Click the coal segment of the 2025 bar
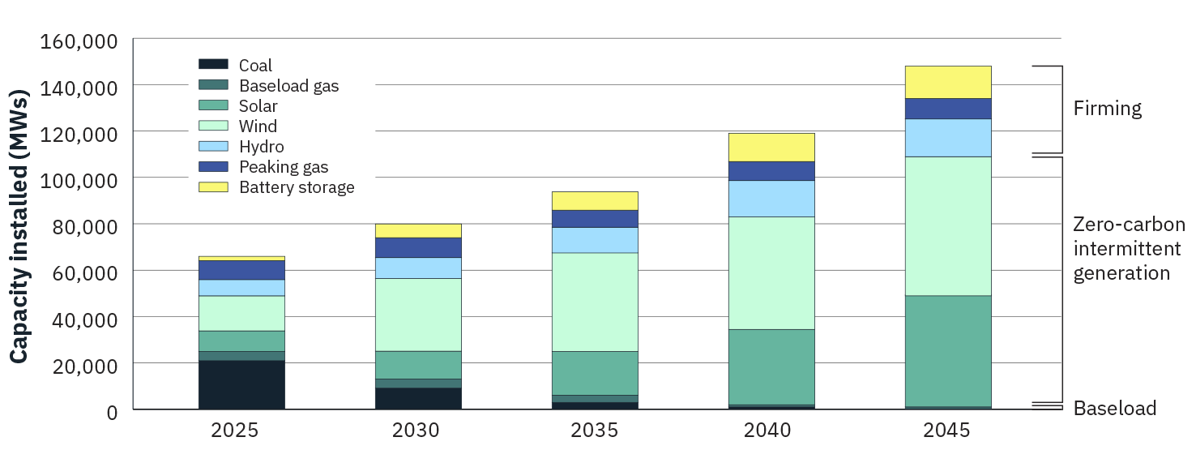241,384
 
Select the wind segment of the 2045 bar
947,226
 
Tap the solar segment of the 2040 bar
771,366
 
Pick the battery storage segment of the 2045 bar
947,82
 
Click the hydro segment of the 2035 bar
595,240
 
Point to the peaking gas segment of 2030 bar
418,247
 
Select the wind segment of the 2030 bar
418,315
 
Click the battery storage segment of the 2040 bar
771,147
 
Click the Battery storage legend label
297,187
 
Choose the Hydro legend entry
261,147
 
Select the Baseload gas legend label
288,85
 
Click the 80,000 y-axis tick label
84,226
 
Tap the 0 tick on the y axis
112,411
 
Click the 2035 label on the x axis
595,431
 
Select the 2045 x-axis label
947,431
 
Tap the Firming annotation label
1107,109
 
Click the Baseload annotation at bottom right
1114,409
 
